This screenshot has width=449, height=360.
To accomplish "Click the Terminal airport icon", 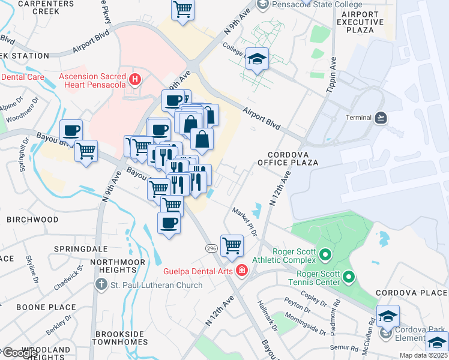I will click(381, 118).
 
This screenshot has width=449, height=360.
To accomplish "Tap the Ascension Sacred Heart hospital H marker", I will click(135, 79).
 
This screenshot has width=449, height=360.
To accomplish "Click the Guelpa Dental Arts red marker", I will click(241, 271).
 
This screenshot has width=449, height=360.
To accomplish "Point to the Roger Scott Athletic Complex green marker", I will click(325, 256).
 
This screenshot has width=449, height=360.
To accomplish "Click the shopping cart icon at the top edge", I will click(182, 9).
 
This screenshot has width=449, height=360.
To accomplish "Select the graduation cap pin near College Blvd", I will click(258, 59).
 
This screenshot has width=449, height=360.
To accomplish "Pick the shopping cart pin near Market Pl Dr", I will click(232, 245).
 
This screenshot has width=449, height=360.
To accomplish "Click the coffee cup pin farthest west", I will click(71, 130).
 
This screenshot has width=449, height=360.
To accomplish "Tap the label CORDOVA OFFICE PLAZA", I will click(288, 158).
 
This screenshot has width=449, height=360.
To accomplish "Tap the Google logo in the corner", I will click(20, 352).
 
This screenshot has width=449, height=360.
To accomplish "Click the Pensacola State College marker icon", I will click(262, 5).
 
